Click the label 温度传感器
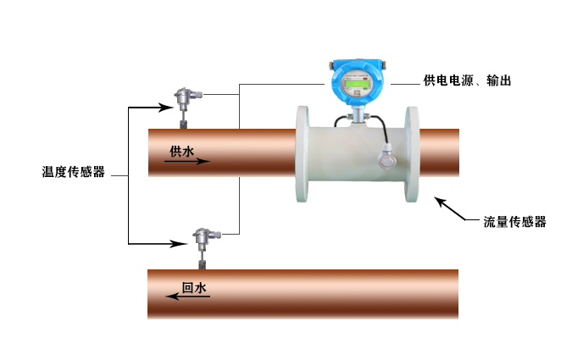(73, 172)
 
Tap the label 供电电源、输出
(466, 81)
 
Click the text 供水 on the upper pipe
(182, 151)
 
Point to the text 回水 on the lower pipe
(194, 287)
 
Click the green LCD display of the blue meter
(356, 84)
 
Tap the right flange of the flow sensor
(413, 153)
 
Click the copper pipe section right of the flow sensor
(439, 152)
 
